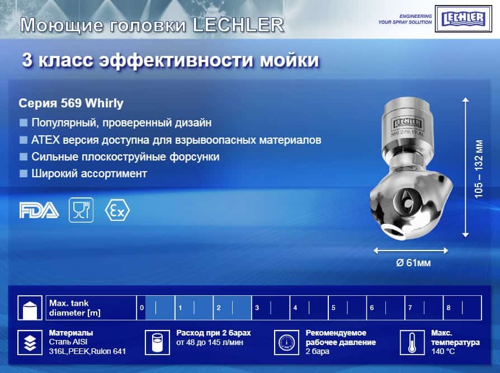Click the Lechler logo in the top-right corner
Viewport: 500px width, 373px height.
463,19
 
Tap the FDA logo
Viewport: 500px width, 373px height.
39,210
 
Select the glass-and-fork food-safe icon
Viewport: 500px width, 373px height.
81,210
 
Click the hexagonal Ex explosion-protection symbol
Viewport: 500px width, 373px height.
117,210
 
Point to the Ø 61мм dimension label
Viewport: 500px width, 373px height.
413,263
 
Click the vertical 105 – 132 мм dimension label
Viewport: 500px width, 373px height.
479,169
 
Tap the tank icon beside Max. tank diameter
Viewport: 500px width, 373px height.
30,308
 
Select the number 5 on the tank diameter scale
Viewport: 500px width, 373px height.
333,308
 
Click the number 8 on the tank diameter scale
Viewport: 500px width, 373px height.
449,308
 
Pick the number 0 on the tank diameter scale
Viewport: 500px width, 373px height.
142,308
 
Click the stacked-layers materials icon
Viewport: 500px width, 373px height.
30,343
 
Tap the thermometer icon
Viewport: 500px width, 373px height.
412,343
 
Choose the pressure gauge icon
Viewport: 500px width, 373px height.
286,343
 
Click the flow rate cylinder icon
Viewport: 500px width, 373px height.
157,343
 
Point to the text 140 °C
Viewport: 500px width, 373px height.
443,351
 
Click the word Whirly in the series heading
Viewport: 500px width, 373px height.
104,103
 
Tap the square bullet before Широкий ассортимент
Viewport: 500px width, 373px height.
23,173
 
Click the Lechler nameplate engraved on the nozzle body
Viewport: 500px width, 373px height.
407,124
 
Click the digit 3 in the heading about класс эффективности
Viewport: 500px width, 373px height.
27,60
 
